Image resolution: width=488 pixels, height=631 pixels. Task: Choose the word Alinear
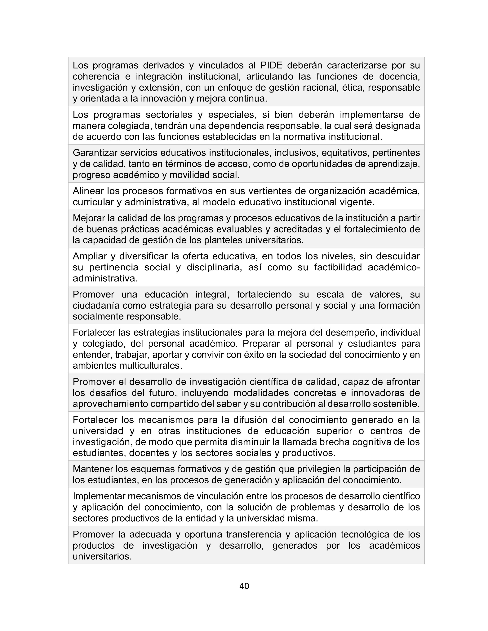88,191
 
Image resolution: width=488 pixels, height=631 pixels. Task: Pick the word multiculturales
151,365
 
